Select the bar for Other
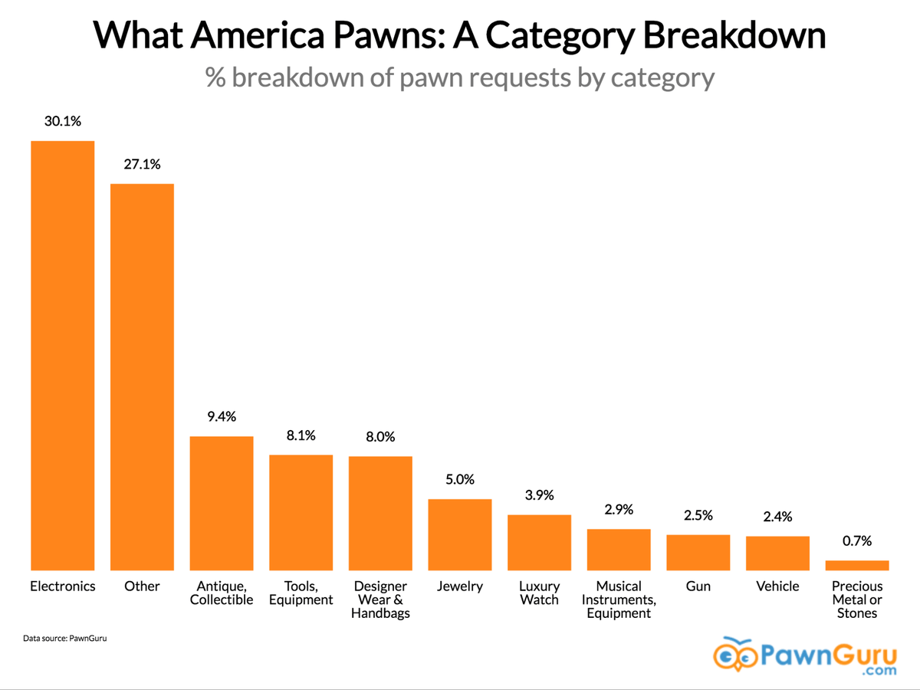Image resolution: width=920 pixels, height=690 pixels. tap(142, 376)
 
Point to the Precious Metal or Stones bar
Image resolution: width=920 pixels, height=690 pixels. tap(857, 565)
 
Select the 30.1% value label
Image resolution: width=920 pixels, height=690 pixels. tap(62, 121)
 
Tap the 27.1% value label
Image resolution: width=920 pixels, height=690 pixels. tap(142, 164)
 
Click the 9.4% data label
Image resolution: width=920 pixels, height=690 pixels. tap(222, 416)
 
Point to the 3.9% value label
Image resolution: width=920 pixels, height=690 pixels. tap(539, 495)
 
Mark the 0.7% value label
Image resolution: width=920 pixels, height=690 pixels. tap(857, 540)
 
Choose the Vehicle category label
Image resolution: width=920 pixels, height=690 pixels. tap(777, 586)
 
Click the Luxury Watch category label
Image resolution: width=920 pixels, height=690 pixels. tap(539, 593)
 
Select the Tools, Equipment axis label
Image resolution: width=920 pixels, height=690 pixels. tap(301, 593)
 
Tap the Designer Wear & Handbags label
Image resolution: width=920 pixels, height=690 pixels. tap(380, 600)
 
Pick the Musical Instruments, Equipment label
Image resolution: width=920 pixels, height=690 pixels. tap(619, 600)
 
